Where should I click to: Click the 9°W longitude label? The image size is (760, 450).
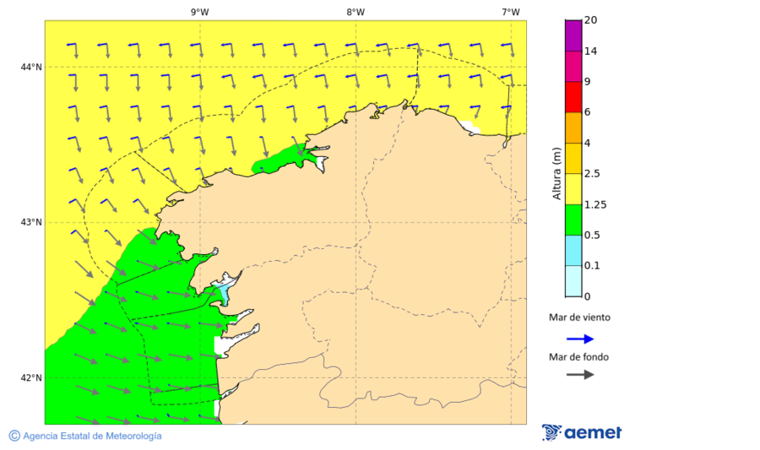click(x=200, y=12)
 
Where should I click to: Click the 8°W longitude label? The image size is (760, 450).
click(x=356, y=12)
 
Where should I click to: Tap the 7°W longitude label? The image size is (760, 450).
click(x=510, y=12)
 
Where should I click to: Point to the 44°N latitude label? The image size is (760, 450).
click(x=32, y=68)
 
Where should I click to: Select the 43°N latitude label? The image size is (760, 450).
click(x=32, y=223)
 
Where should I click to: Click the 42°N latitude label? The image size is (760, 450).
click(x=32, y=377)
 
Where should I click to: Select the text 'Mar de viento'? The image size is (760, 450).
click(x=579, y=318)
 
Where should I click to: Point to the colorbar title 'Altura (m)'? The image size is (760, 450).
click(x=556, y=173)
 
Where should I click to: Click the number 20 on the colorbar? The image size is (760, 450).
click(x=591, y=20)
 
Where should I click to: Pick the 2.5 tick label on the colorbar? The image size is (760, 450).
click(x=594, y=174)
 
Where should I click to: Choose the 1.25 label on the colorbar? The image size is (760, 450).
click(x=596, y=204)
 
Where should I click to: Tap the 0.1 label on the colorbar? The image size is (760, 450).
click(x=594, y=266)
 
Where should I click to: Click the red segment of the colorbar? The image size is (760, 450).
click(x=573, y=97)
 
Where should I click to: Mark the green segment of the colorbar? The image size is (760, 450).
click(x=573, y=220)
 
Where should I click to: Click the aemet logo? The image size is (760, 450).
click(x=582, y=432)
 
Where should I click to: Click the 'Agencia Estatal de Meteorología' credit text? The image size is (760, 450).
click(x=85, y=436)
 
